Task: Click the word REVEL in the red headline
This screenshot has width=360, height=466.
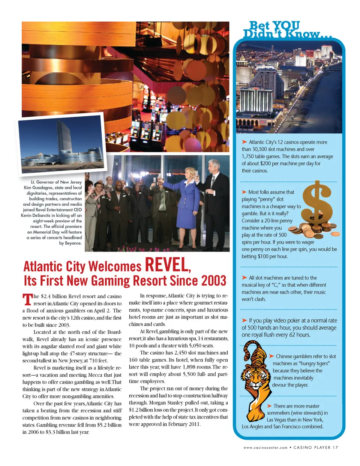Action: pos(167,265)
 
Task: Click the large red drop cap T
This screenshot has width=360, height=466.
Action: pos(27,299)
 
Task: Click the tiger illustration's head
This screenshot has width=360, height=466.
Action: pos(252,375)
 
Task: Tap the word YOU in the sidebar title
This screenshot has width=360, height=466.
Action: pos(286,26)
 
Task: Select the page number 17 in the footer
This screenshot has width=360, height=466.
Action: pos(335,447)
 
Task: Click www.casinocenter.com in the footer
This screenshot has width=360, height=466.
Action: pos(265,447)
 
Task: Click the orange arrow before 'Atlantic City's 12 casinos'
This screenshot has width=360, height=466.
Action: pos(244,142)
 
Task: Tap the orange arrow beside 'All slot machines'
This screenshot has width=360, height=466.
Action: pos(244,278)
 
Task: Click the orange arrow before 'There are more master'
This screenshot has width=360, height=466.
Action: pos(269,406)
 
